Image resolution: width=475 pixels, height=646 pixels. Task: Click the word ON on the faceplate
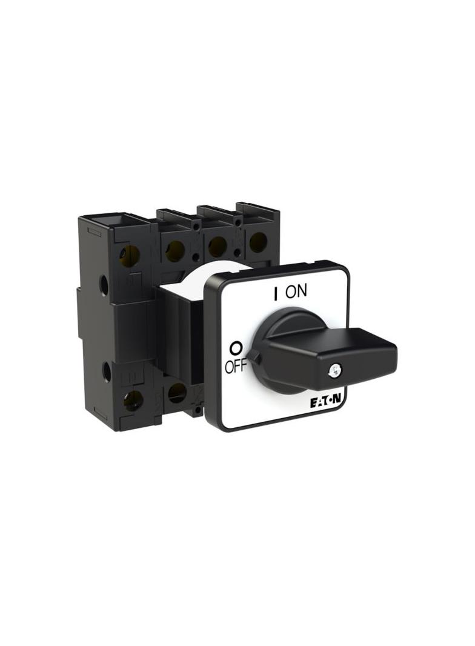(x=296, y=291)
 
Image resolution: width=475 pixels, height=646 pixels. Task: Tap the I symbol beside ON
(x=275, y=293)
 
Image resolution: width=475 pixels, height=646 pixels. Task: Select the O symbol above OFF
(x=236, y=348)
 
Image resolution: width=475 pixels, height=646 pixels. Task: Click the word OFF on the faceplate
(x=235, y=366)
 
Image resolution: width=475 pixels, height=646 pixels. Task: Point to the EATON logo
(x=327, y=404)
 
